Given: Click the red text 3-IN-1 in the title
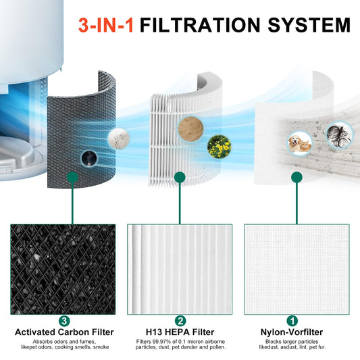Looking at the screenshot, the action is [x=106, y=25].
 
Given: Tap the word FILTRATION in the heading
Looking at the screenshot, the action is [x=200, y=25].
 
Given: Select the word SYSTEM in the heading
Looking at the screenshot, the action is [x=309, y=25].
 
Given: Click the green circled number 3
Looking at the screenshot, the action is [x=64, y=321].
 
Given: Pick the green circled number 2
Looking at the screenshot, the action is [x=180, y=321].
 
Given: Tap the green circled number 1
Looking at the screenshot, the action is [x=292, y=321].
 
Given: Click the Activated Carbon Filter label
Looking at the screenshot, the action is [x=64, y=332].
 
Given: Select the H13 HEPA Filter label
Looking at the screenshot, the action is [x=180, y=332].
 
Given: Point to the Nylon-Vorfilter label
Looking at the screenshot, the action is [x=292, y=332].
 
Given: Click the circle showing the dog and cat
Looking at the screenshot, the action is [x=300, y=143].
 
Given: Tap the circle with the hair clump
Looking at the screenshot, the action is [x=340, y=134].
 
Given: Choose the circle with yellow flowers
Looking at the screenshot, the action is [x=219, y=147].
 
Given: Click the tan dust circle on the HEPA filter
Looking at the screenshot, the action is [x=190, y=129].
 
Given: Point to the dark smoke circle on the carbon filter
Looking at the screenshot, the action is [x=89, y=159].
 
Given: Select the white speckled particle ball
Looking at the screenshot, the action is [x=119, y=138].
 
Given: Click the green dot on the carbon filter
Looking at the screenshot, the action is [x=72, y=178].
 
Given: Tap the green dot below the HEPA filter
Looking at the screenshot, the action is [x=180, y=177].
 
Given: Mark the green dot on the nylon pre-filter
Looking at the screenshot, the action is [x=297, y=177].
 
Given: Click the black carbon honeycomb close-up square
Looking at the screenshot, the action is [x=63, y=269].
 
